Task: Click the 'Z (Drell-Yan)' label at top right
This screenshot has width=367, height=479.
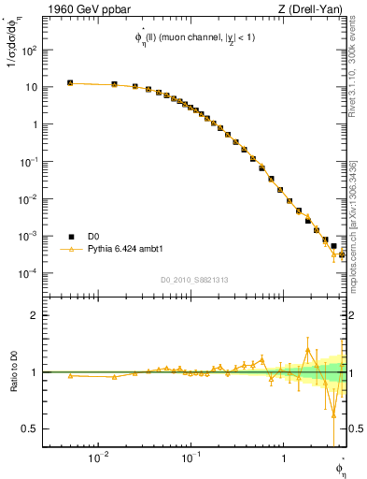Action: click(315, 10)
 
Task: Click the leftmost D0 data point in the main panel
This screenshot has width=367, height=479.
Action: click(70, 83)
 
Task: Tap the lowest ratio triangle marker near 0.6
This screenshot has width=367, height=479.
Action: click(333, 414)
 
